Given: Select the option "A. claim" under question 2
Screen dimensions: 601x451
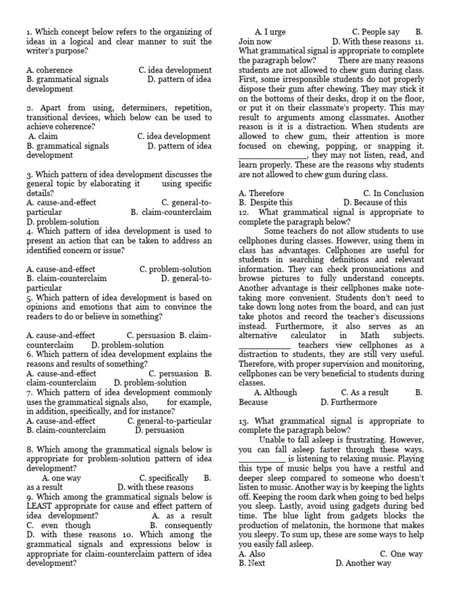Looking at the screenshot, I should pyautogui.click(x=43, y=136).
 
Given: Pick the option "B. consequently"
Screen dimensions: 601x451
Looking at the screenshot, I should pyautogui.click(x=181, y=525).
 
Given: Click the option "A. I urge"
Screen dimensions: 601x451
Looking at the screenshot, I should pyautogui.click(x=270, y=32).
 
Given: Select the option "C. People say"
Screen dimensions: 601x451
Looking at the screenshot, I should pyautogui.click(x=376, y=32).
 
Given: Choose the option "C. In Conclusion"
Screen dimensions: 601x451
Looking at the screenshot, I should pyautogui.click(x=393, y=193).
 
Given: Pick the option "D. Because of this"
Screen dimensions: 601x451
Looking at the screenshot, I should pyautogui.click(x=375, y=202).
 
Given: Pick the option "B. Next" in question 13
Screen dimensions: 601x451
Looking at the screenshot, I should pyautogui.click(x=252, y=563).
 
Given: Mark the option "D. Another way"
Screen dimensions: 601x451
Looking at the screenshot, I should pyautogui.click(x=363, y=563).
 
